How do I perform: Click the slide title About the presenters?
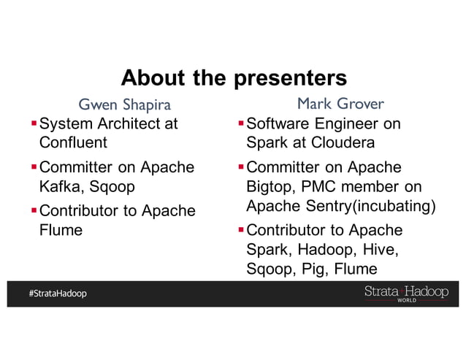(233, 77)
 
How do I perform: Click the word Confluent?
(73, 142)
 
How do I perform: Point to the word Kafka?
(60, 186)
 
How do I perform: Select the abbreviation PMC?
(321, 186)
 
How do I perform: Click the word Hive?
(384, 250)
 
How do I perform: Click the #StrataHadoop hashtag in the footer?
(58, 294)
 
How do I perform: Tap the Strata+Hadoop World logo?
(406, 293)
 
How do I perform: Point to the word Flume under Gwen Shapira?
(61, 230)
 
